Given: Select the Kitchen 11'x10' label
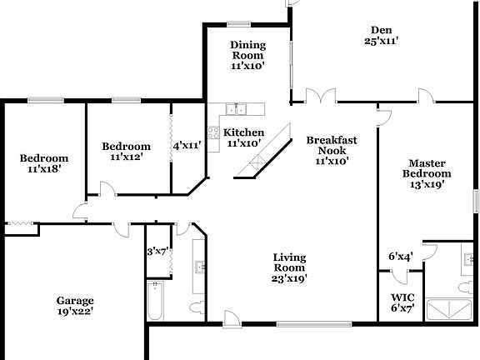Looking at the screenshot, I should (244, 137).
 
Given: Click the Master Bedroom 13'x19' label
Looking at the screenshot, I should (429, 173).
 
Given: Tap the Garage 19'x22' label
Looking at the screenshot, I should (75, 306).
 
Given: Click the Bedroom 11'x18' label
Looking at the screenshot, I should (44, 162).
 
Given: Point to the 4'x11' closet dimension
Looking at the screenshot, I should (187, 145).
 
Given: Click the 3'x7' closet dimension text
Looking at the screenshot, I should (157, 251).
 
